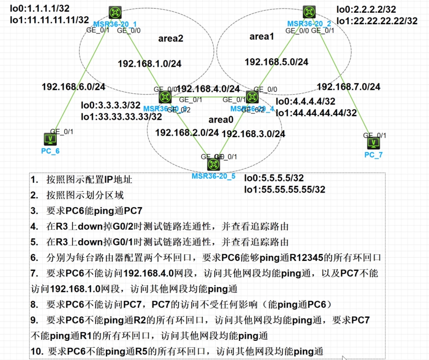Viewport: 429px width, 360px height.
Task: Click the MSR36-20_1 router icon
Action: coord(115,13)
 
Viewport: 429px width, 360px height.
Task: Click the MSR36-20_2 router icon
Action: coord(309,12)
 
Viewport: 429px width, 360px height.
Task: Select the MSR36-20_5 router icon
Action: coord(213,164)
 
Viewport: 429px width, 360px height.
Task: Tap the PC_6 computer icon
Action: coord(50,139)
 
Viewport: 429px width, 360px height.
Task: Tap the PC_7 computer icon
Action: coord(373,143)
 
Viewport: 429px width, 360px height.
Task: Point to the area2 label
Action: coord(170,38)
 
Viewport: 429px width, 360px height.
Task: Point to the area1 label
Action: coord(261,36)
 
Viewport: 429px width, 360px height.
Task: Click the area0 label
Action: coord(221,120)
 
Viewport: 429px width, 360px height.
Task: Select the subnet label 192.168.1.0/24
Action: coord(149,64)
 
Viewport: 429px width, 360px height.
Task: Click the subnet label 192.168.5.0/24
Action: coord(276,62)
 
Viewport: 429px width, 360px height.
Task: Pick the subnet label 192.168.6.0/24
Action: coord(73,87)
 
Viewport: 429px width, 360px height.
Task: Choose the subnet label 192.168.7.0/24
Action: coord(349,87)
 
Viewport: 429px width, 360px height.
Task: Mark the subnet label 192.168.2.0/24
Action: coord(187,133)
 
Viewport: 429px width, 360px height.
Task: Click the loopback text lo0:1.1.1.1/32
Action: coord(40,8)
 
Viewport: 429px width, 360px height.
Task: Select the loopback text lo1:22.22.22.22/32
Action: coord(377,21)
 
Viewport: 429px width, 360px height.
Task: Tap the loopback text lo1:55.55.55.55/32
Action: coord(285,189)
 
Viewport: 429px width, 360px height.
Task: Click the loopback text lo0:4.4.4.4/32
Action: coord(305,101)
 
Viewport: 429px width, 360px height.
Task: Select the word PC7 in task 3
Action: coord(133,211)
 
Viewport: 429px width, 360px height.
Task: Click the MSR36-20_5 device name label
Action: coord(213,176)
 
